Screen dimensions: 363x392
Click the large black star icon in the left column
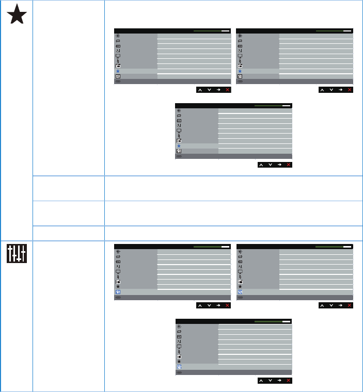[x=17, y=16]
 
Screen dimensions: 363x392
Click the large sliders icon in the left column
[x=17, y=253]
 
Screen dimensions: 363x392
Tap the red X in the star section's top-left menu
[x=228, y=90]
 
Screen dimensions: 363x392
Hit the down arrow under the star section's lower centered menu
[x=270, y=165]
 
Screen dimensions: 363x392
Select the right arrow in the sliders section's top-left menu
[x=218, y=306]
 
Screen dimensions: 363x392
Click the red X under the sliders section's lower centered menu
[x=289, y=381]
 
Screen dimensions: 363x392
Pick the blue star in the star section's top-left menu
[x=118, y=71]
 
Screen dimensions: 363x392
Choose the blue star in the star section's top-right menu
[x=240, y=71]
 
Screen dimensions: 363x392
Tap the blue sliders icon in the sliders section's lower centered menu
[x=179, y=367]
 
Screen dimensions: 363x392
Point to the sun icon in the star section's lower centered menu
[x=179, y=110]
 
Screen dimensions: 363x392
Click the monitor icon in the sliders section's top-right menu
[x=240, y=271]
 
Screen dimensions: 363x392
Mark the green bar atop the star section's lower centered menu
[x=268, y=105]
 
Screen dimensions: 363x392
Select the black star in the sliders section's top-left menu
[x=118, y=287]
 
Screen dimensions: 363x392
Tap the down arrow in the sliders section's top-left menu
[x=209, y=306]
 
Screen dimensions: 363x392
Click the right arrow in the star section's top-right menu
[x=340, y=90]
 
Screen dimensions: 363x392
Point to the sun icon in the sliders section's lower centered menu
[x=179, y=326]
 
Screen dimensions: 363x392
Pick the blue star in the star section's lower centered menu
[x=179, y=146]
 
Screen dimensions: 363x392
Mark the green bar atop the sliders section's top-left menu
[x=207, y=247]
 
